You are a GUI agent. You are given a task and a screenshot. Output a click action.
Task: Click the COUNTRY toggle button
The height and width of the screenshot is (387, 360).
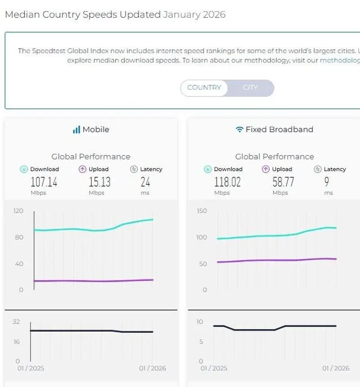click(204, 88)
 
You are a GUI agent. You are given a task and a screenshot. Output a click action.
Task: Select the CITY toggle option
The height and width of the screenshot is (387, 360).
click(250, 88)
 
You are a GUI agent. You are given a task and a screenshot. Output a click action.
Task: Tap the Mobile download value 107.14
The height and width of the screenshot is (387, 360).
click(44, 182)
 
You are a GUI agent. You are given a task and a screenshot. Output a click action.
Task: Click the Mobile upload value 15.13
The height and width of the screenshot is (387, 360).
click(99, 182)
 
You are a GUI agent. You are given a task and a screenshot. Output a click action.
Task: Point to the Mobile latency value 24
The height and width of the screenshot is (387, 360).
click(145, 182)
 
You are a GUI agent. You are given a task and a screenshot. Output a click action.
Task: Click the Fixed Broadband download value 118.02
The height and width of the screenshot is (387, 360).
click(227, 182)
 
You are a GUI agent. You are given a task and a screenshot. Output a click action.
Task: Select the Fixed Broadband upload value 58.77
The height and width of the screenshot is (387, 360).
click(283, 182)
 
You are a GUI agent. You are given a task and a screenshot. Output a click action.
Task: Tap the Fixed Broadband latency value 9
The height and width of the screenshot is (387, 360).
click(327, 182)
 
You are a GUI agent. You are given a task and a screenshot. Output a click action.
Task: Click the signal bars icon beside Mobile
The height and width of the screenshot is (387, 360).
click(76, 129)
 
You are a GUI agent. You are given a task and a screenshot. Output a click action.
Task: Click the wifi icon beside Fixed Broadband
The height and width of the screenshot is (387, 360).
click(239, 129)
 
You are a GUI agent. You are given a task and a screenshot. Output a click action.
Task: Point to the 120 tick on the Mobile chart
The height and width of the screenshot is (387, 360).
click(18, 211)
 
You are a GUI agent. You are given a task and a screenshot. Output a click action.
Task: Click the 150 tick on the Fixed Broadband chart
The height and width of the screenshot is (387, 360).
click(202, 211)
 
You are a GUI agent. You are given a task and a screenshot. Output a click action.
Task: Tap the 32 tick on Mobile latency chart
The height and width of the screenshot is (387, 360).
click(16, 321)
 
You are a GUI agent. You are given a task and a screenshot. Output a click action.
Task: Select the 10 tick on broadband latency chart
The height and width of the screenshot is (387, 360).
click(200, 321)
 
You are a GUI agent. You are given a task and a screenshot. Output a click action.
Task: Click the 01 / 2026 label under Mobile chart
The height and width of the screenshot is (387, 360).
click(153, 368)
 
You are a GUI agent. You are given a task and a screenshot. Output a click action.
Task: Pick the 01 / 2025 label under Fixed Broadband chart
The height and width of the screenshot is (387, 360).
click(214, 368)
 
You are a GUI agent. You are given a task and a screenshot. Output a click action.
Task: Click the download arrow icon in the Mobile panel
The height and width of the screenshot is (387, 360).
click(24, 169)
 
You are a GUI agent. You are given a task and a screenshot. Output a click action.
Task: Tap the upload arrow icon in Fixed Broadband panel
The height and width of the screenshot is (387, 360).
click(265, 169)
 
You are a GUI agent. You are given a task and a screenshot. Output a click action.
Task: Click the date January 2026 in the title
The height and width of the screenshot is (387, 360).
click(194, 14)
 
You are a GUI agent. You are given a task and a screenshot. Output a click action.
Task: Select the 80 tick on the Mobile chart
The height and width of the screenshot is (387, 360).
click(19, 237)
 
